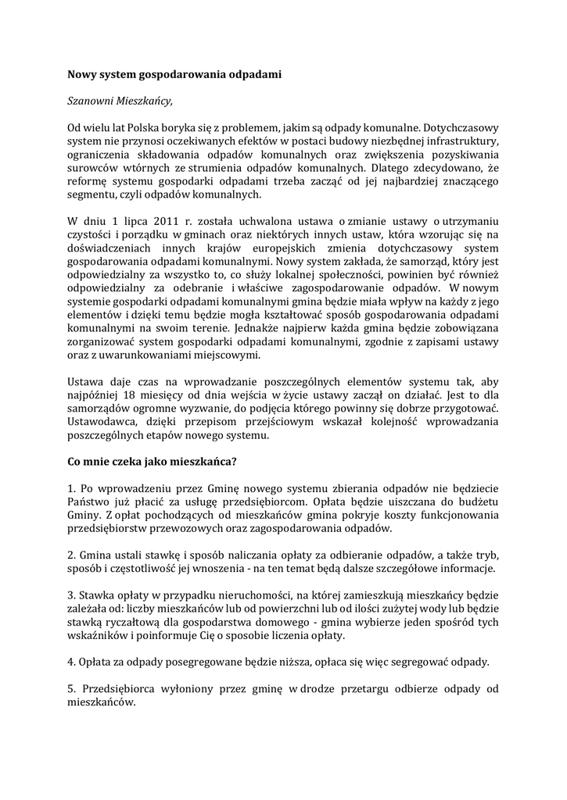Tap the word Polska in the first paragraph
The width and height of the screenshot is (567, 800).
click(146, 127)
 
